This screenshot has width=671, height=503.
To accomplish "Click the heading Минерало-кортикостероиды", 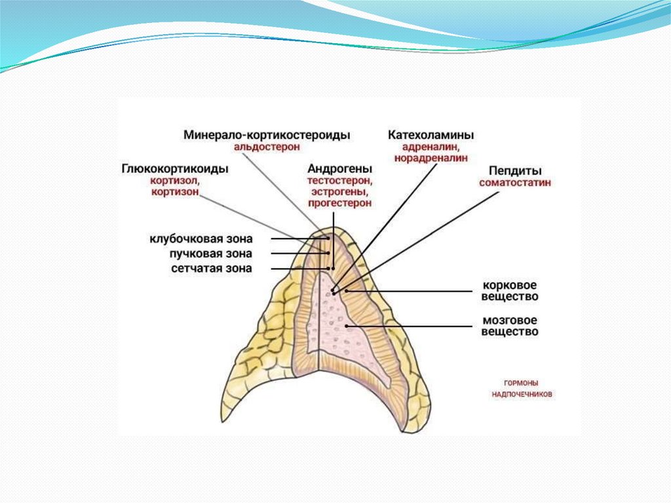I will [x=267, y=134].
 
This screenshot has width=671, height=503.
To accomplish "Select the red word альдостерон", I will [x=267, y=147].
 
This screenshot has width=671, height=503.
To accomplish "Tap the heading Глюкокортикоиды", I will [x=174, y=169].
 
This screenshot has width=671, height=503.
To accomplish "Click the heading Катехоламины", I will [x=431, y=134].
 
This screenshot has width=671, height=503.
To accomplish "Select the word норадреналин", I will [x=431, y=158].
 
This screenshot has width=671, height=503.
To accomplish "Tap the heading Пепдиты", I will [x=514, y=170].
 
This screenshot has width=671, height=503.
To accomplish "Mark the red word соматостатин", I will [x=514, y=182].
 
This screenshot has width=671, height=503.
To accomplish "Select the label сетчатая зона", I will [x=212, y=268].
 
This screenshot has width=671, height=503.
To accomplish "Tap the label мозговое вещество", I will [x=510, y=326].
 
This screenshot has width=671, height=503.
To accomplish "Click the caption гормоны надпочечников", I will [x=522, y=388].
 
